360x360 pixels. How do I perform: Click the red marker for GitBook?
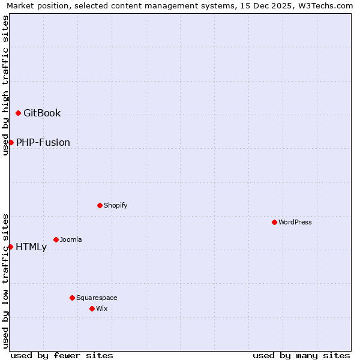pyautogui.click(x=18, y=113)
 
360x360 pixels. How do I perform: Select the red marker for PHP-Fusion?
pyautogui.click(x=11, y=142)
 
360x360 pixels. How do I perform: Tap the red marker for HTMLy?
pyautogui.click(x=10, y=247)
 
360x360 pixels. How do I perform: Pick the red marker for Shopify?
pyautogui.click(x=100, y=205)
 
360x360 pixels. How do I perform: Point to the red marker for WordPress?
pyautogui.click(x=274, y=222)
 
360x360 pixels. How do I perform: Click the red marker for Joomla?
pyautogui.click(x=56, y=239)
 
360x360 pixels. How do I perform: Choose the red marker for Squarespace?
pyautogui.click(x=72, y=298)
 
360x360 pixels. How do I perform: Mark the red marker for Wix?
pyautogui.click(x=92, y=308)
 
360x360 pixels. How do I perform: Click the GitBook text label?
pyautogui.click(x=42, y=113)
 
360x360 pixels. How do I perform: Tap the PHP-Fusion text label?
pyautogui.click(x=43, y=142)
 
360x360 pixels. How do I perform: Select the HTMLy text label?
pyautogui.click(x=31, y=247)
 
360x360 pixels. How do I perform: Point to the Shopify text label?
pyautogui.click(x=116, y=205)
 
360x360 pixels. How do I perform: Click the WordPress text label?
pyautogui.click(x=295, y=222)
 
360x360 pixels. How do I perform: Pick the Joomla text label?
pyautogui.click(x=71, y=239)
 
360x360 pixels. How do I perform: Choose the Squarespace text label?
pyautogui.click(x=97, y=298)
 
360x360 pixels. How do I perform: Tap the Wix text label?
pyautogui.click(x=101, y=308)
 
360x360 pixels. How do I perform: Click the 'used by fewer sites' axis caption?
pyautogui.click(x=62, y=355)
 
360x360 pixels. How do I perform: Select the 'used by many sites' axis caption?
pyautogui.click(x=301, y=355)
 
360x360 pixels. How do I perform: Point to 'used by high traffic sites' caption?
pyautogui.click(x=5, y=85)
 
